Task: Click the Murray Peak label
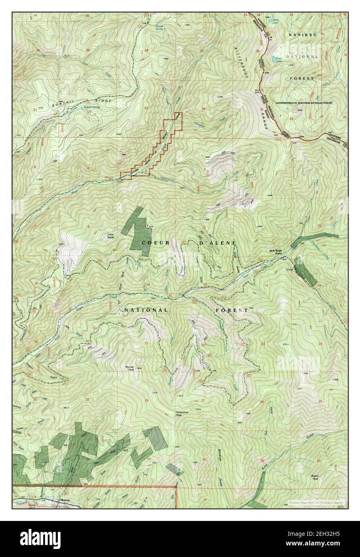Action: (x=129, y=368)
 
